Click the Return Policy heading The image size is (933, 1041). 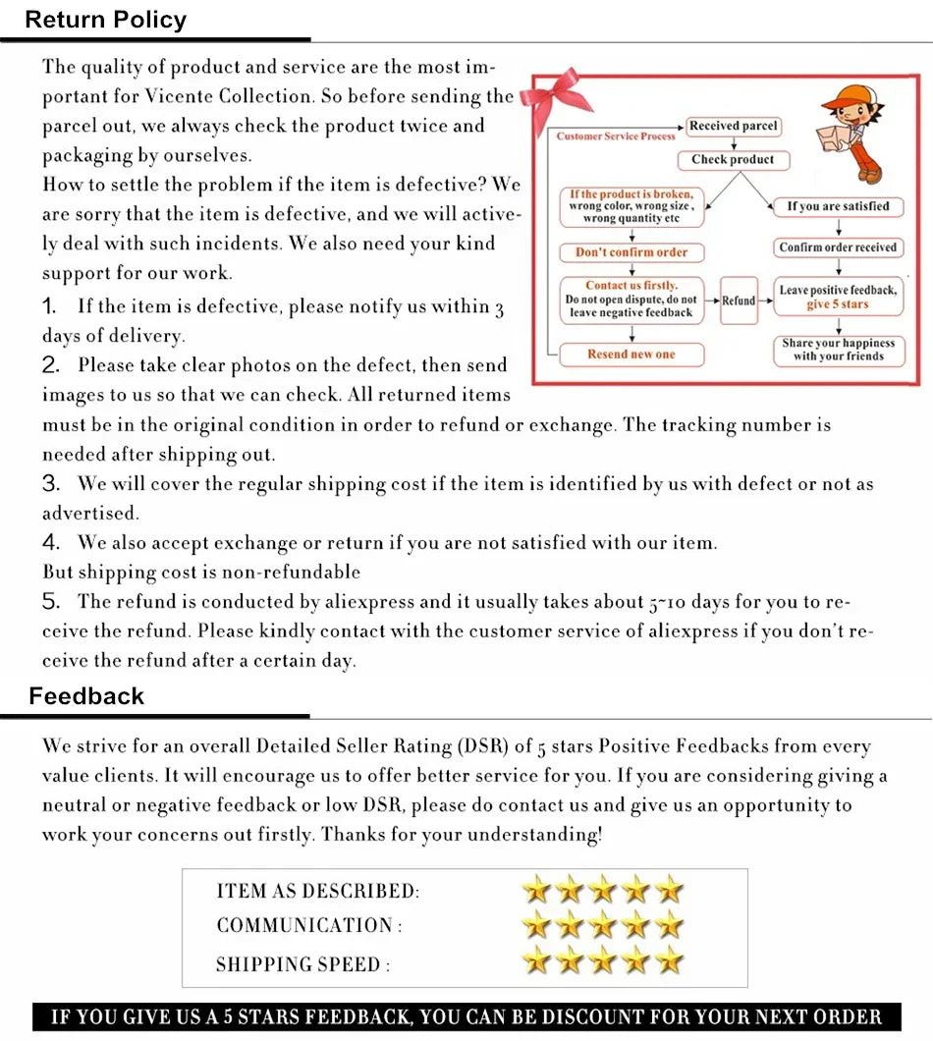click(x=105, y=20)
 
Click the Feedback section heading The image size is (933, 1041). click(x=86, y=696)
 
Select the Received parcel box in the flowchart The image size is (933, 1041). click(x=733, y=126)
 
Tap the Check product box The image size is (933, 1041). click(x=733, y=159)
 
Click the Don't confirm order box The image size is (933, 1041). click(x=631, y=252)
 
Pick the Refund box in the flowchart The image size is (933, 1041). click(x=739, y=301)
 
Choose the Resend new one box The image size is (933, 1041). click(x=631, y=355)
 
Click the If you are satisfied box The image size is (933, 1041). click(x=838, y=206)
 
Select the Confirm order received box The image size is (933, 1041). click(x=838, y=247)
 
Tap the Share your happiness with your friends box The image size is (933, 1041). click(x=838, y=350)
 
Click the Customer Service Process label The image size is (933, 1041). click(x=616, y=137)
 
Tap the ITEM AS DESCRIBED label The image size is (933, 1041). click(x=317, y=892)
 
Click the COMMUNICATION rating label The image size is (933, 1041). click(x=308, y=926)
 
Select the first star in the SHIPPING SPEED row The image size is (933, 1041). click(x=536, y=960)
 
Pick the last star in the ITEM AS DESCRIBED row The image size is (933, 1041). click(x=669, y=891)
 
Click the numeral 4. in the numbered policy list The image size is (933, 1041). click(x=52, y=542)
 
